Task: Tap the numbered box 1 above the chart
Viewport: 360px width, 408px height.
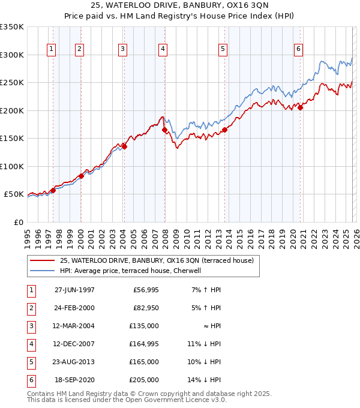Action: click(x=52, y=49)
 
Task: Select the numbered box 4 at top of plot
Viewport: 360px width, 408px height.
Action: click(x=163, y=49)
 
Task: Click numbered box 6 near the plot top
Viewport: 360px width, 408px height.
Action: click(x=298, y=49)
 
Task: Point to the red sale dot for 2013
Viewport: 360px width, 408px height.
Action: click(x=224, y=129)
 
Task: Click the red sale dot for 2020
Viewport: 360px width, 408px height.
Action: click(x=301, y=107)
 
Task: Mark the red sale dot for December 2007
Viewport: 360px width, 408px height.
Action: click(x=164, y=130)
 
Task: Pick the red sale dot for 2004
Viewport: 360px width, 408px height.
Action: click(x=125, y=146)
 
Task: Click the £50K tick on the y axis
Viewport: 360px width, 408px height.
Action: click(x=14, y=194)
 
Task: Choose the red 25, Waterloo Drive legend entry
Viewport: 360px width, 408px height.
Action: click(x=157, y=260)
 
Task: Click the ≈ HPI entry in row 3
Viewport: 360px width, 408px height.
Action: click(x=211, y=326)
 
